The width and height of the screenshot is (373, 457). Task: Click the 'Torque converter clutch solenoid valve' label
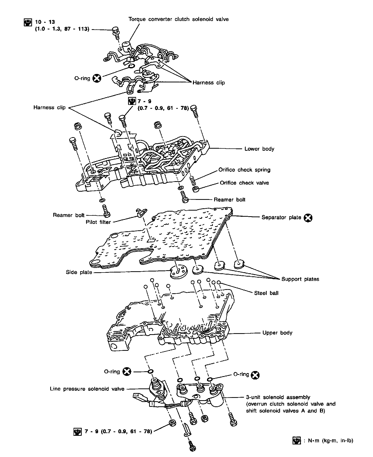click(179, 19)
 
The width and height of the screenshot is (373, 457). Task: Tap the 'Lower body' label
click(259, 149)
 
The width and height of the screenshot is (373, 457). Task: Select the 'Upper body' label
click(277, 333)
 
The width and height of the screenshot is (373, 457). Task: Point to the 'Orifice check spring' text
click(244, 170)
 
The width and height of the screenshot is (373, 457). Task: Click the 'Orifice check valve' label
click(244, 183)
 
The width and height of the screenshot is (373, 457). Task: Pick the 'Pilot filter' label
click(98, 222)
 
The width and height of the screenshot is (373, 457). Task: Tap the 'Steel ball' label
click(266, 293)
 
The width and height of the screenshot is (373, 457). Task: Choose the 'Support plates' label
click(300, 279)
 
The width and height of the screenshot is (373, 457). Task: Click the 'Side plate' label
click(79, 273)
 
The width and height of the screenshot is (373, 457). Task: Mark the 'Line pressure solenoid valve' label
click(87, 389)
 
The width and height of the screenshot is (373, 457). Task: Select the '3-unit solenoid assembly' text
click(278, 397)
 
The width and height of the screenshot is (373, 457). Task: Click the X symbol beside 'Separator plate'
click(308, 218)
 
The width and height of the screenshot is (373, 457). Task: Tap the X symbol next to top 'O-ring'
click(97, 78)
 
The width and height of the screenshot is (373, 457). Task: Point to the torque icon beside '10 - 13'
click(28, 23)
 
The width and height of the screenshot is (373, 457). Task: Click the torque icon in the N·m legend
click(296, 441)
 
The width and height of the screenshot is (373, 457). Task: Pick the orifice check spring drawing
click(194, 180)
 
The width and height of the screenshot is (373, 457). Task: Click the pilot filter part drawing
click(141, 212)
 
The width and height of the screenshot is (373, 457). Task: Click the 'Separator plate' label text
click(281, 217)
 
